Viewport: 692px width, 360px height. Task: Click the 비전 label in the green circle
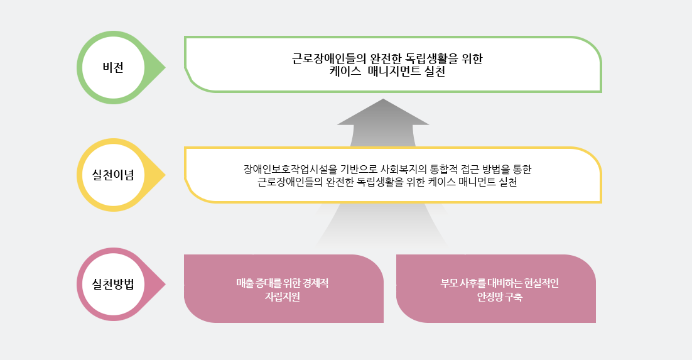coord(113,68)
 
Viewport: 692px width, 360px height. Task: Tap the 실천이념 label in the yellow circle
coord(113,175)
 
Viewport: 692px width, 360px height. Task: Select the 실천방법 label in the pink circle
coord(113,284)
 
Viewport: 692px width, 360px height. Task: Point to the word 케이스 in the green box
coord(345,72)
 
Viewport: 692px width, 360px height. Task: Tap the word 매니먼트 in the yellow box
coord(477,182)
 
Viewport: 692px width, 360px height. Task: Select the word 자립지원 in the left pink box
coord(283,297)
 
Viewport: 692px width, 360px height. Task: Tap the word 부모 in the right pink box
coord(449,283)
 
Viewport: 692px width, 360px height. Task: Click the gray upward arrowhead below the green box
coord(383,112)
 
